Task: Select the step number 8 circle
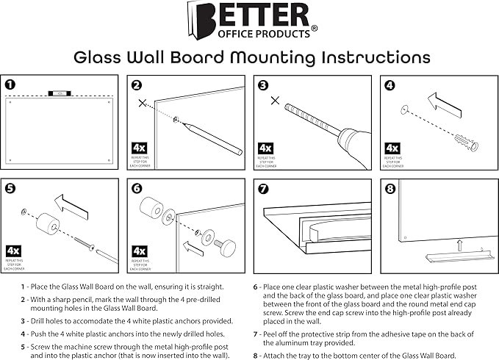tap(389, 188)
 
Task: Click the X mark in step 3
tap(274, 101)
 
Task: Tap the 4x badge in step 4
tap(393, 149)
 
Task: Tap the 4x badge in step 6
tap(140, 251)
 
